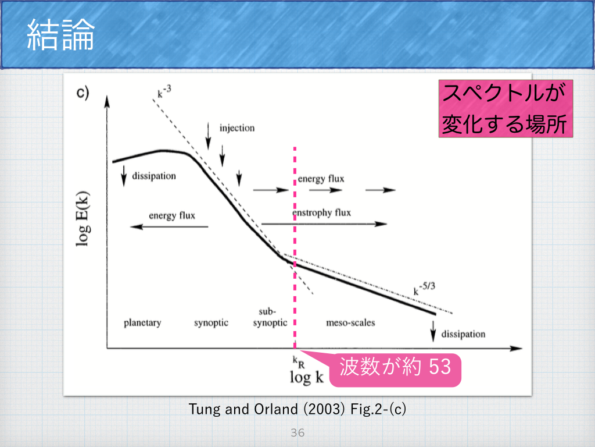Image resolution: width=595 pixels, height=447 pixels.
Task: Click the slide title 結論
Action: [60, 35]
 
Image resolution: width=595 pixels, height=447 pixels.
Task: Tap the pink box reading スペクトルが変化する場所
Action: [506, 108]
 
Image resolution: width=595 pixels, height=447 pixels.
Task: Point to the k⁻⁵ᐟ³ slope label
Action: [424, 289]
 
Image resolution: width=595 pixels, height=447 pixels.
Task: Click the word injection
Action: [237, 128]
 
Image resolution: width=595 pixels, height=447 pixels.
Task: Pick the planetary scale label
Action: [142, 322]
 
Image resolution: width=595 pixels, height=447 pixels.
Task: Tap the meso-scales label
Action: [350, 322]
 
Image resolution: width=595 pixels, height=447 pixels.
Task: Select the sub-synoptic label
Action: [270, 317]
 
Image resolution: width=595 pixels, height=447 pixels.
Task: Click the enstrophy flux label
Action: [321, 212]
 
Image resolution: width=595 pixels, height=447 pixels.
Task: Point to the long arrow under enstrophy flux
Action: [324, 224]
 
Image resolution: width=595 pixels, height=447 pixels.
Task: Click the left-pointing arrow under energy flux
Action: [169, 227]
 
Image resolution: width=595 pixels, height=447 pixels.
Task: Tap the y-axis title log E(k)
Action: [83, 219]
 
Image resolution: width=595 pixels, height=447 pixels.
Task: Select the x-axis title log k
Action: [307, 377]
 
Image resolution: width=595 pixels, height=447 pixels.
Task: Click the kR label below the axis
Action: [299, 362]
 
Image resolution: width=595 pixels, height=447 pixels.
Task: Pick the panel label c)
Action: [83, 93]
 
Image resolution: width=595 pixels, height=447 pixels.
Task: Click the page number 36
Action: [297, 432]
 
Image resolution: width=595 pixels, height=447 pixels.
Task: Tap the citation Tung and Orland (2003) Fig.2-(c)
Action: [297, 409]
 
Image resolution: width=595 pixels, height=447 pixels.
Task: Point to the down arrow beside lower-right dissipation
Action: [433, 331]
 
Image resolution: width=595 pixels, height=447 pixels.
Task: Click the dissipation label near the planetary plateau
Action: [154, 176]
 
